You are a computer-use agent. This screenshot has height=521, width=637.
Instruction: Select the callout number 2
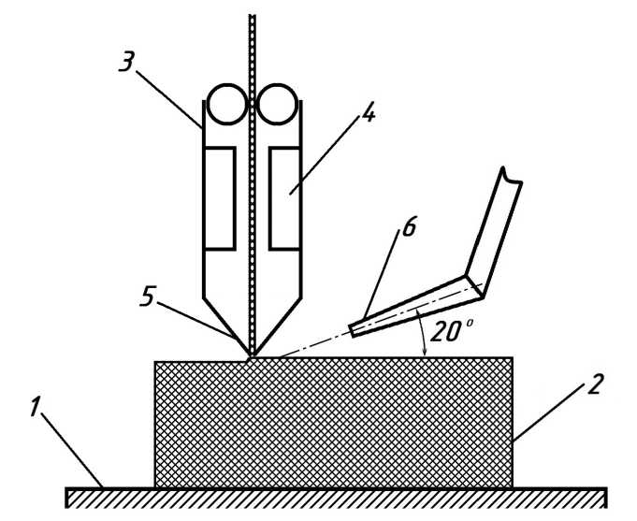point(595,384)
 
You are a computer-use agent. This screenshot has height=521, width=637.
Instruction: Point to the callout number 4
point(368,114)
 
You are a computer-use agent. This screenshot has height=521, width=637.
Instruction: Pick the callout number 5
point(147,297)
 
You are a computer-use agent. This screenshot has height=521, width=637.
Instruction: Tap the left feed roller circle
point(227,104)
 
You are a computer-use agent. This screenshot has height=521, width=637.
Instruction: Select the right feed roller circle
point(277,104)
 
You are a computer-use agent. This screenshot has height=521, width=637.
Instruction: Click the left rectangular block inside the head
point(220,197)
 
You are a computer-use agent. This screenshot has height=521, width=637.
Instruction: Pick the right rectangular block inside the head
point(284,197)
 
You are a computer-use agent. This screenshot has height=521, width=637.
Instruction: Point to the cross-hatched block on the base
point(333,422)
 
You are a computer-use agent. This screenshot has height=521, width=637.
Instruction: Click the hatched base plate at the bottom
point(336,497)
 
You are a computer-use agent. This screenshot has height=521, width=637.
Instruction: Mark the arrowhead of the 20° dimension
point(426,352)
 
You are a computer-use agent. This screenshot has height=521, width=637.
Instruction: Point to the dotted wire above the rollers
point(252,47)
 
